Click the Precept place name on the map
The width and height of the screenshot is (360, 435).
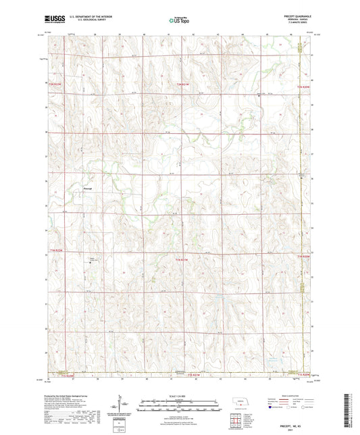[x=87, y=188]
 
